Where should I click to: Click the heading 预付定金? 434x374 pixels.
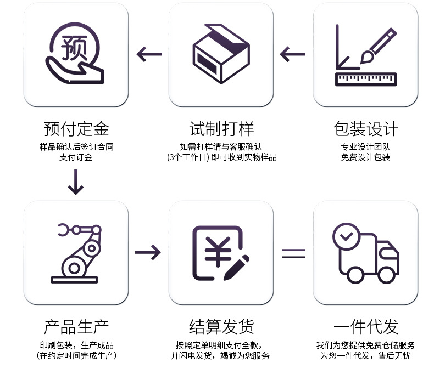click(x=76, y=129)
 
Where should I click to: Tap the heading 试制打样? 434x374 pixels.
click(x=221, y=129)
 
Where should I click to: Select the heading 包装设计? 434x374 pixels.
click(x=366, y=129)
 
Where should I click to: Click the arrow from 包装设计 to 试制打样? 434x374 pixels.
click(x=293, y=54)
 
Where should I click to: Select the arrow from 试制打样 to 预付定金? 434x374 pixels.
click(x=149, y=54)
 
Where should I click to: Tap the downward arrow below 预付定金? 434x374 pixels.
click(x=76, y=183)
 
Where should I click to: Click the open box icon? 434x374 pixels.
click(x=221, y=55)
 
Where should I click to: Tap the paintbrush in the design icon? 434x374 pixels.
click(x=379, y=45)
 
